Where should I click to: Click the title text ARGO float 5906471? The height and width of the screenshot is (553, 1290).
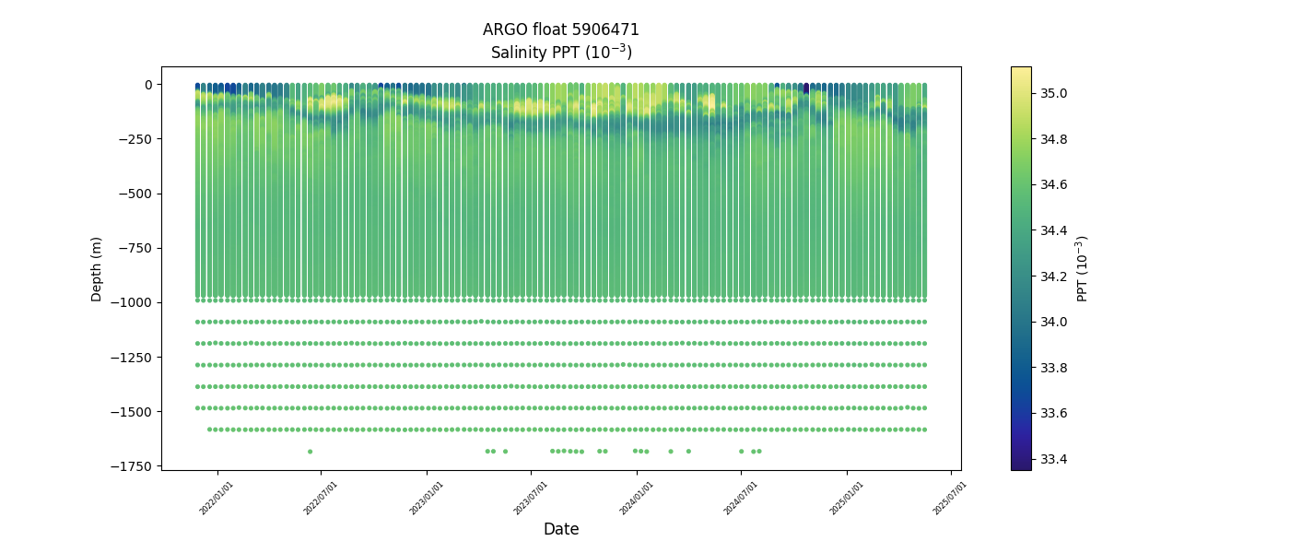point(560,29)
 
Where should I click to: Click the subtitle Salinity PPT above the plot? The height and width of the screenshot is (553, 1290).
point(560,52)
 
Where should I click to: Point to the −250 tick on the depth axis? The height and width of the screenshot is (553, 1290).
point(135,139)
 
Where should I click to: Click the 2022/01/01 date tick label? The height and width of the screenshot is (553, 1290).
point(217,498)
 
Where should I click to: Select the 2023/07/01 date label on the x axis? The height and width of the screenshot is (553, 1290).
point(531,498)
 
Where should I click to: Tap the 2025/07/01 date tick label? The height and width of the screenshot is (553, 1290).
point(950,498)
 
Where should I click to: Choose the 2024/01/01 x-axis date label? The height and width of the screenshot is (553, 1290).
point(636,498)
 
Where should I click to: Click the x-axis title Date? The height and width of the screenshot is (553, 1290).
point(560,529)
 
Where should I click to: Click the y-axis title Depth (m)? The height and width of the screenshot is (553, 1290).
point(97,268)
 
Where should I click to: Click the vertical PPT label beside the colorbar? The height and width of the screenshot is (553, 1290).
point(1083,268)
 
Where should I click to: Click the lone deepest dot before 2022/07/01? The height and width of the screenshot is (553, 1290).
point(310,451)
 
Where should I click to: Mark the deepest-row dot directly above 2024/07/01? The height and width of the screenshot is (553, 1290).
point(741,451)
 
